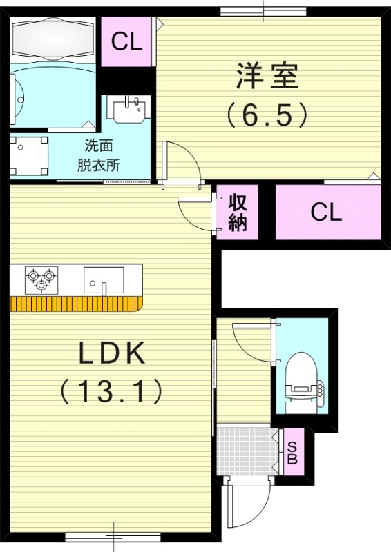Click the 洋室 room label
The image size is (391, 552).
(x=267, y=77)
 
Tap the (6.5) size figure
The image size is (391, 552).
(x=267, y=115)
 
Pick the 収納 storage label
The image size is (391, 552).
(x=238, y=213)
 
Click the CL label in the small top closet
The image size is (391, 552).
(x=127, y=43)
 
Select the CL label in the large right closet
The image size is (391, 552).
(x=326, y=212)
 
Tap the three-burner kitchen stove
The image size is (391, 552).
(x=40, y=279)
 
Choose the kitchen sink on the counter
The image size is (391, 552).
(x=104, y=280)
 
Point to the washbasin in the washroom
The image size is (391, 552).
(x=130, y=109)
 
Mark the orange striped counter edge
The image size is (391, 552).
(x=75, y=304)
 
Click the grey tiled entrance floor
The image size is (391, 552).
(x=246, y=451)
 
